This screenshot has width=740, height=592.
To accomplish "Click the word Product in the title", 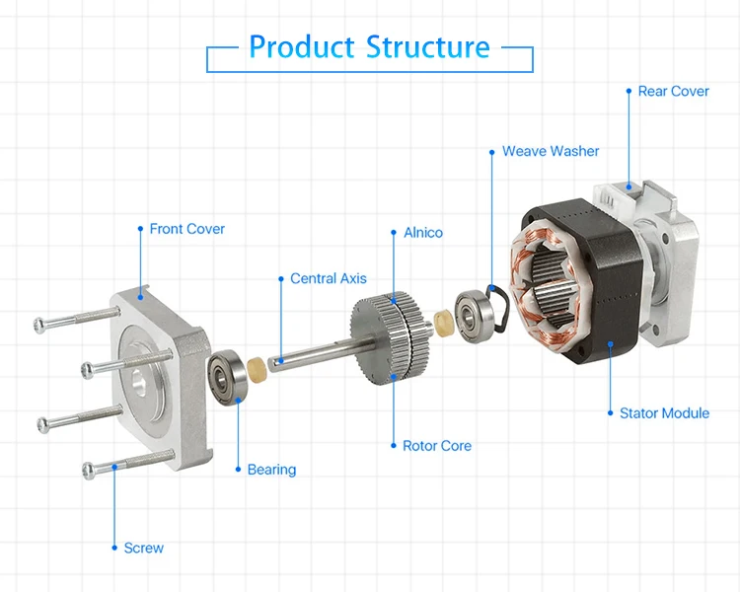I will click(x=302, y=46).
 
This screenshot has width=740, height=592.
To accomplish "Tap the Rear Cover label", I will click(x=673, y=91).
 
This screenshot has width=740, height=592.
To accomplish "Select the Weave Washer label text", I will click(x=550, y=151).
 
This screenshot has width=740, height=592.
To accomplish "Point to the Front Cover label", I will click(x=186, y=229).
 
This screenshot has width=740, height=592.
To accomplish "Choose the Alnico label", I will click(x=423, y=233).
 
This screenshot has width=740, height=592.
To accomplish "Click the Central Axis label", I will click(x=328, y=279).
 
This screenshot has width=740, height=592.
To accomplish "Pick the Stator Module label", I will click(x=664, y=413).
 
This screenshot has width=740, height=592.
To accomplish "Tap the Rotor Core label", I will click(x=437, y=446).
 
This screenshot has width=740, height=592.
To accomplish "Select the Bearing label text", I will click(x=271, y=470).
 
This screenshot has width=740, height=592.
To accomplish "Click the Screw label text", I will click(x=144, y=548).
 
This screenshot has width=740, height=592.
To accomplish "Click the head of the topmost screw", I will click(x=40, y=324).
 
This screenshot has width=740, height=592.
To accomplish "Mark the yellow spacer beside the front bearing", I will click(x=258, y=372).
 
